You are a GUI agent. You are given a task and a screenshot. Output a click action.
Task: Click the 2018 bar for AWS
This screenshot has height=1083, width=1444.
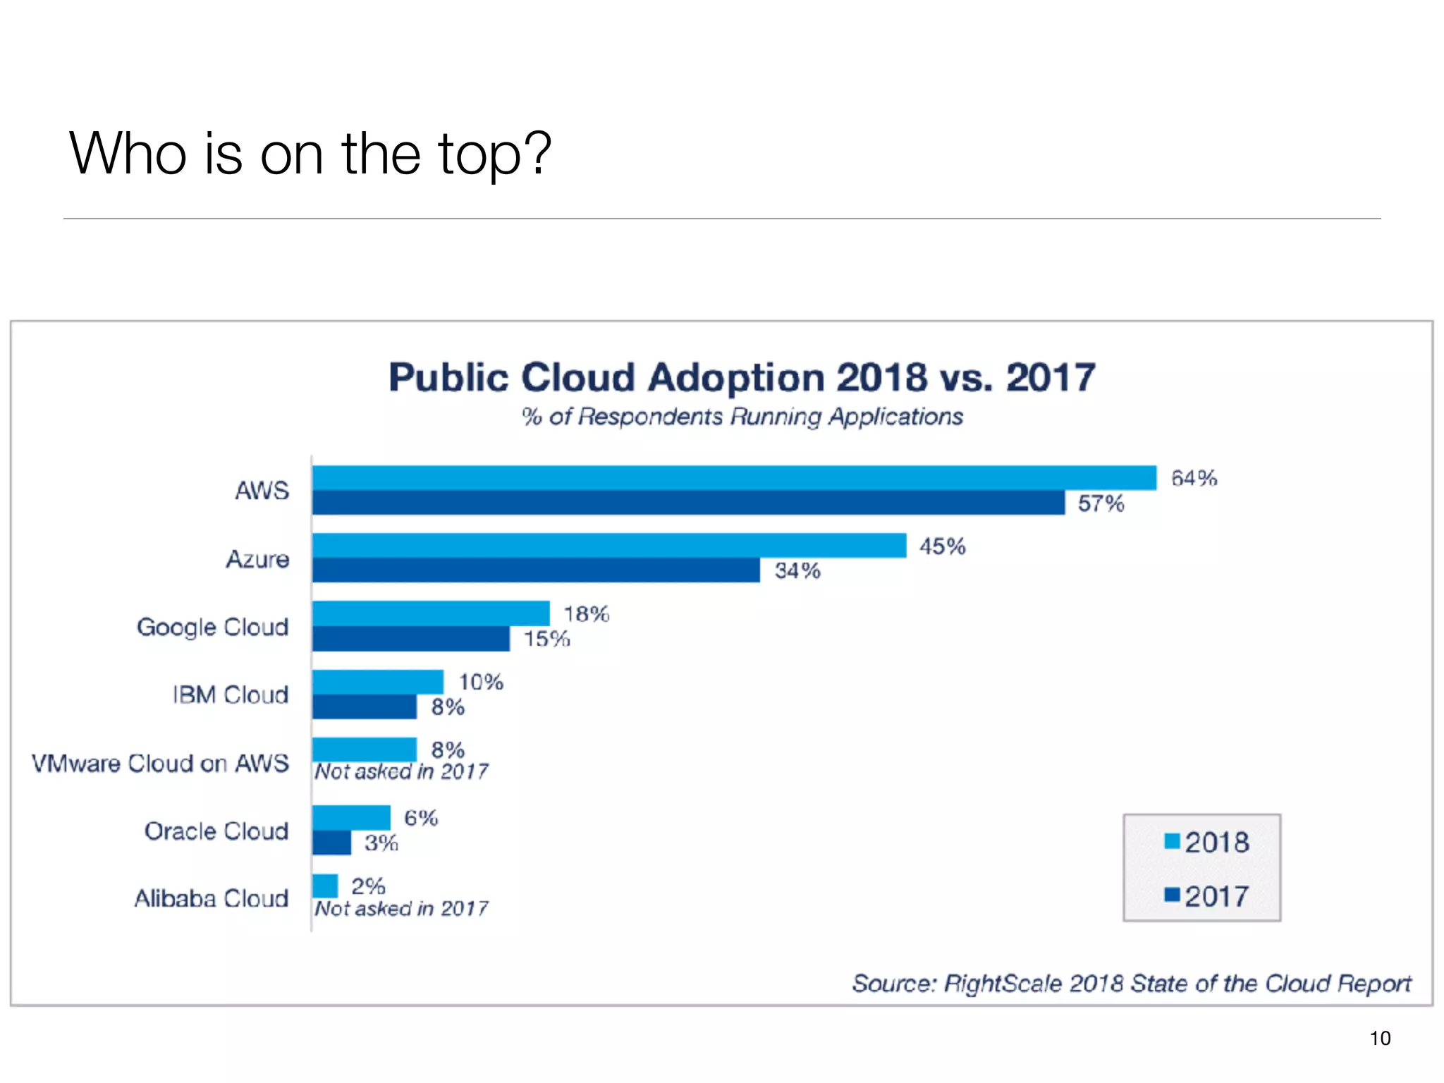tap(733, 478)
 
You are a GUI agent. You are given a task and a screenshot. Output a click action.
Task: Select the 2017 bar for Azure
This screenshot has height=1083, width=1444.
tap(536, 570)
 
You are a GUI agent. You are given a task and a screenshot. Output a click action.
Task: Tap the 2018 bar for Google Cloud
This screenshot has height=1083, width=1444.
tap(431, 613)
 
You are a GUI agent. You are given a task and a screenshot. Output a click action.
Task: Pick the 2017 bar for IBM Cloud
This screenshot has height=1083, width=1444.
tap(365, 706)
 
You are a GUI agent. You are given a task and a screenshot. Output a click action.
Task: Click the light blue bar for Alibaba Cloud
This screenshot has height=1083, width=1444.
tap(325, 886)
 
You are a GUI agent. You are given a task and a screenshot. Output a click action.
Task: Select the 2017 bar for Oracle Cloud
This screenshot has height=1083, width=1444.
tap(331, 843)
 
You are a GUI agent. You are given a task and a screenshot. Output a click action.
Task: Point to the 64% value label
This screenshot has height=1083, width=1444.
tap(1194, 479)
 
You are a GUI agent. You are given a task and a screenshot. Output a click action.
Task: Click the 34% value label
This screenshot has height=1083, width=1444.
tap(797, 570)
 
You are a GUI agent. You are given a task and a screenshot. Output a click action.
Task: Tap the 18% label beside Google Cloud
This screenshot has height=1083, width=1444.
tap(586, 614)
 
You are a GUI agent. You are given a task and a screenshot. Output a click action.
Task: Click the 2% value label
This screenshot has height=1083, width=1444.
tap(368, 886)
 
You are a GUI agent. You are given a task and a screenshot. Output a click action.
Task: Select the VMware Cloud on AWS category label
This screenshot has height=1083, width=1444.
tap(160, 763)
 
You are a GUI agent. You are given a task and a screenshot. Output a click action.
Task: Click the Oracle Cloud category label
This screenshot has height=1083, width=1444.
tap(216, 831)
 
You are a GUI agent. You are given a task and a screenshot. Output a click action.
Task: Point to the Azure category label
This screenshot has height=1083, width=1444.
tap(257, 559)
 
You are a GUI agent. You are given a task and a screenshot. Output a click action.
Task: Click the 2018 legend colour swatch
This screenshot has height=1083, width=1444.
tap(1172, 841)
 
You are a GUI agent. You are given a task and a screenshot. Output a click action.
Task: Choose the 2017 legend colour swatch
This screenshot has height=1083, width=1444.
tap(1172, 895)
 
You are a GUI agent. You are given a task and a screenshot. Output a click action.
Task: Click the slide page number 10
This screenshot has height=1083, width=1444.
tap(1380, 1038)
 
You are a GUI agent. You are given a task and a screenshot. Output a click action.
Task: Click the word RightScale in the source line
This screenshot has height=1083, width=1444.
tap(1002, 983)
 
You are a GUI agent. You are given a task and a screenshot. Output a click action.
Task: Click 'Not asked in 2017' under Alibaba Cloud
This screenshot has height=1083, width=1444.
tap(401, 908)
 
